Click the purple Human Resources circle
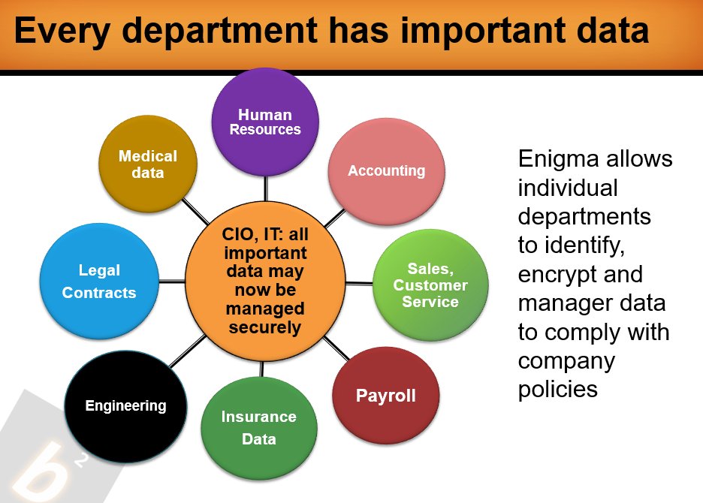265,122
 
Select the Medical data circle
148,164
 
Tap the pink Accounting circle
387,171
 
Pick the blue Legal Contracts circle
99,281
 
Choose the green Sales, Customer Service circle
430,285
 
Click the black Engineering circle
125,407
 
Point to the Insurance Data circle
259,428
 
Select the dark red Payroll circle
385,396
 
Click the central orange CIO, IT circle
265,281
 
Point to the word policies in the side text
558,390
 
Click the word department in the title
219,31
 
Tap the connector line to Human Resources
266,188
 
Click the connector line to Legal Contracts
172,282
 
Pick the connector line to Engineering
188,351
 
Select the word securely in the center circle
265,327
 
